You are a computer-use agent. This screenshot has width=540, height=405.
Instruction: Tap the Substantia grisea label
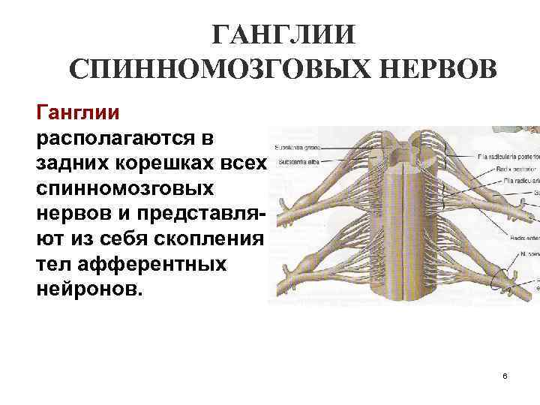pos(299,147)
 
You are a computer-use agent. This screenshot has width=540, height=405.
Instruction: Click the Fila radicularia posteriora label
pos(507,157)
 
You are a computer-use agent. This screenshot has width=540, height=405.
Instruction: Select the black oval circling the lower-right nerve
pos(500,281)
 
